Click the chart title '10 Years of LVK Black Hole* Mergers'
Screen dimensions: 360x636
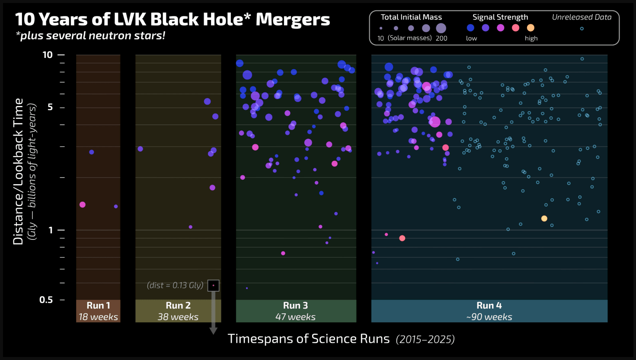coord(173,20)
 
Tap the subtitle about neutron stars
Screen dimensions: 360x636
coord(90,36)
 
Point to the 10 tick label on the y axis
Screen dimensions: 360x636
coord(47,55)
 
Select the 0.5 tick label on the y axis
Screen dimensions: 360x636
coord(46,299)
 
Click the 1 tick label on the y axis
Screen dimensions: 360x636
coord(50,230)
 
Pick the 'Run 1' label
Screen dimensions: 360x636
coord(98,306)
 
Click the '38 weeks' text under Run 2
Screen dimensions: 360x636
coord(178,317)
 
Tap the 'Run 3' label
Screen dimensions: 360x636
coord(295,306)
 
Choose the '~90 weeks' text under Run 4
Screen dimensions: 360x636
coord(489,317)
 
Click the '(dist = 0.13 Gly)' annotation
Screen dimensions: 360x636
coord(175,285)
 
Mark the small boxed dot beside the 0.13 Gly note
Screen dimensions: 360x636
coord(214,285)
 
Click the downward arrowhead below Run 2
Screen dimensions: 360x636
coord(213,331)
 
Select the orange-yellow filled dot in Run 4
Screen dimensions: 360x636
coord(544,218)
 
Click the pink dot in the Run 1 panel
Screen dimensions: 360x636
coord(83,204)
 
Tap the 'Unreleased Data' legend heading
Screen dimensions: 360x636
coord(582,17)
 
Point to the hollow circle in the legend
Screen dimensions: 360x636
coord(582,29)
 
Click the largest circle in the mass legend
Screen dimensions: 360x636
coord(441,28)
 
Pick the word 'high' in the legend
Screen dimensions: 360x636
coord(531,38)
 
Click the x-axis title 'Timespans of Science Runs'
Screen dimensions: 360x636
coord(309,339)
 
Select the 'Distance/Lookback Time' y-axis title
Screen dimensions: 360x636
coord(19,171)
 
